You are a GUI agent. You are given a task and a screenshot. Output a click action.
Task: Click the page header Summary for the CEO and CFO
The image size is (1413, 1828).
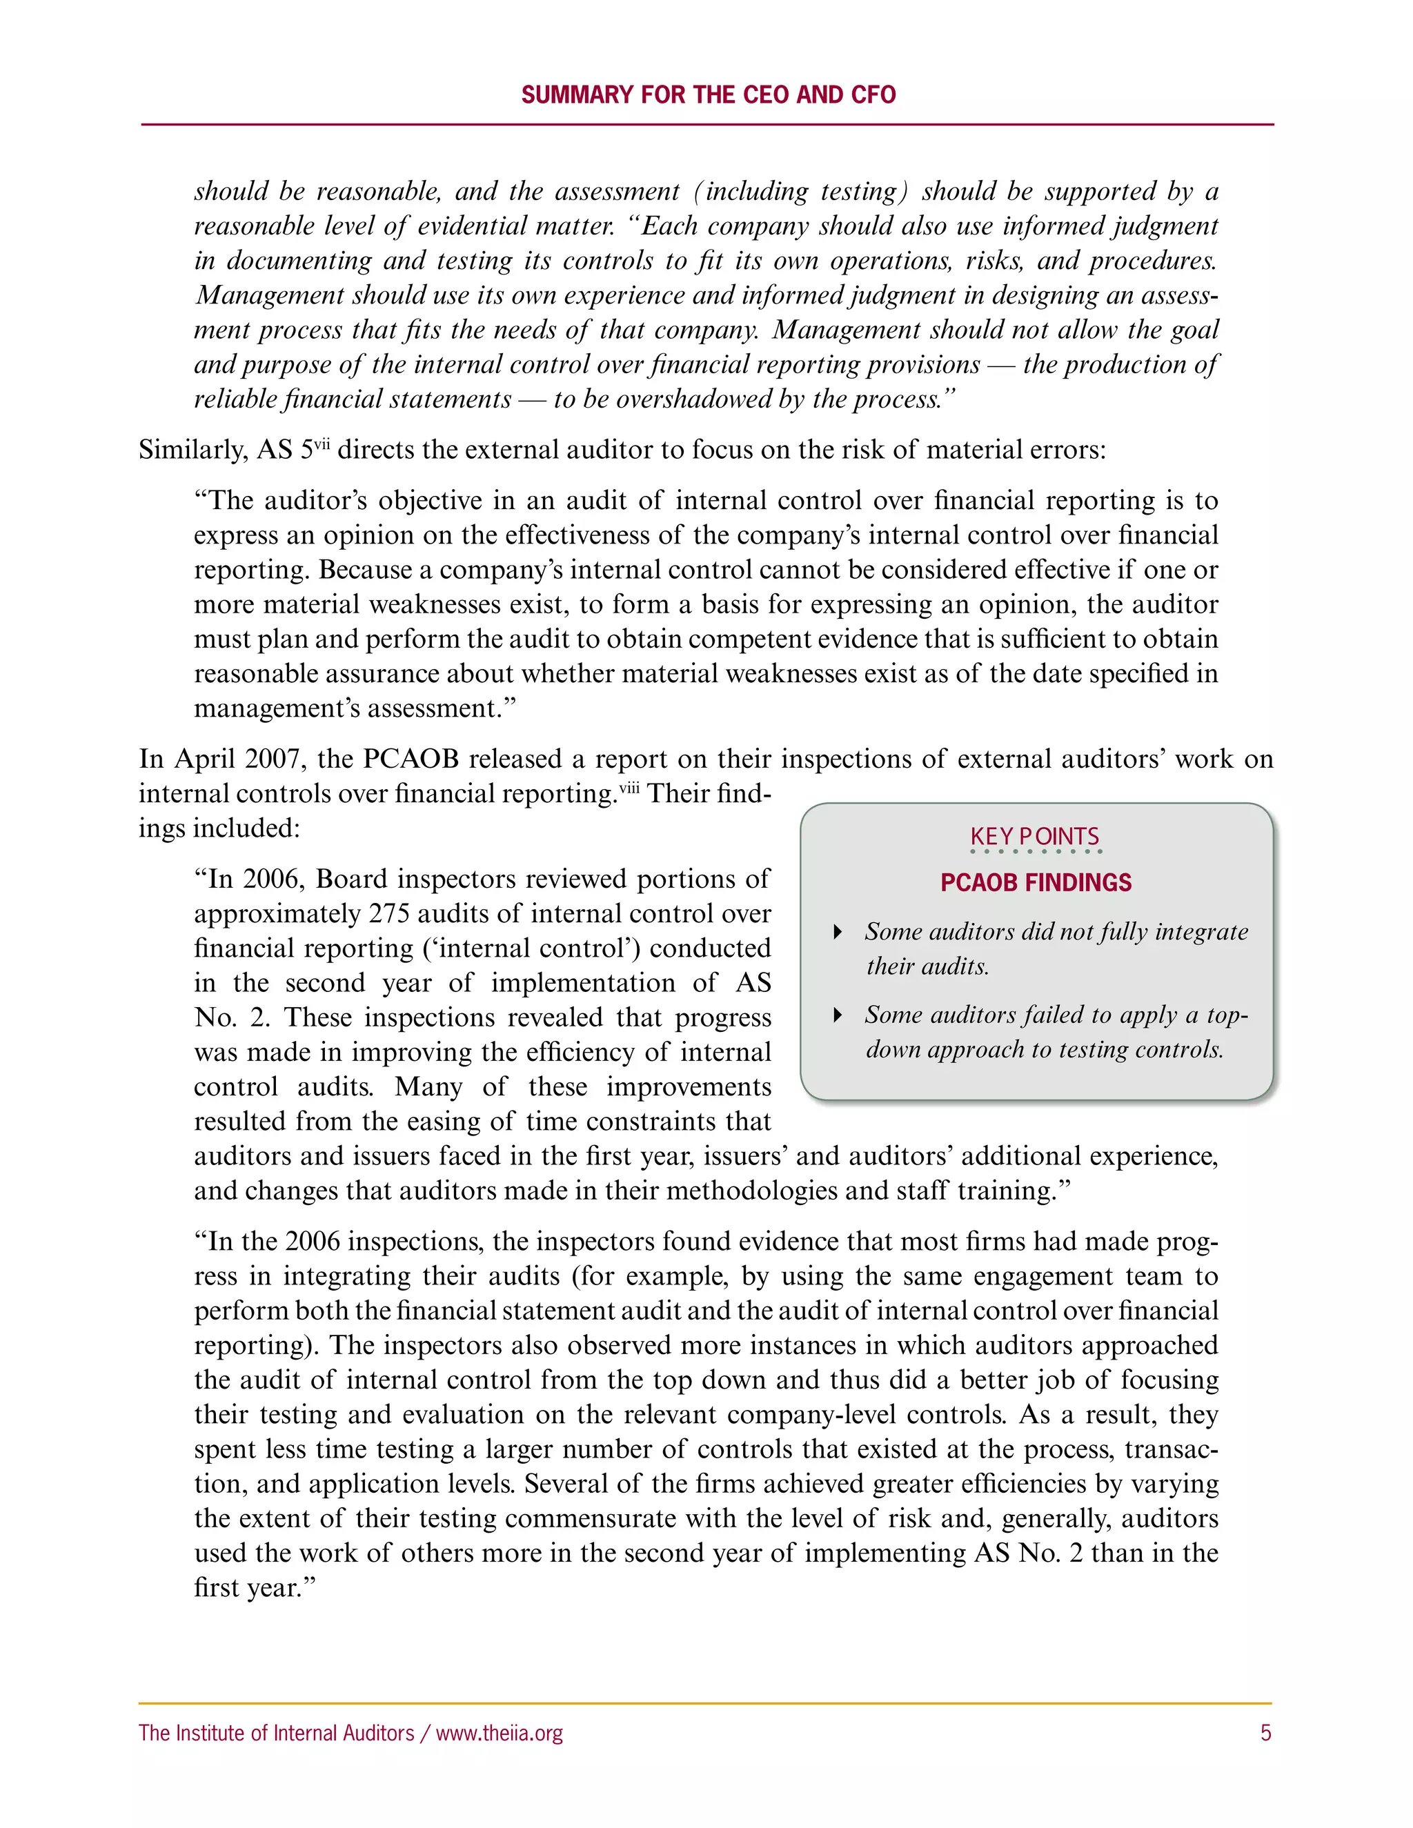708,95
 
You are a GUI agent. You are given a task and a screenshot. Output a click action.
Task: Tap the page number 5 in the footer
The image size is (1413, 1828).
1265,1733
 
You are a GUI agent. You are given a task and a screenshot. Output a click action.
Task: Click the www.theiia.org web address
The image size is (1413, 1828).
500,1733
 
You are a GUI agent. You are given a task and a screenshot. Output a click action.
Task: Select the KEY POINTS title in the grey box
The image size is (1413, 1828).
1035,836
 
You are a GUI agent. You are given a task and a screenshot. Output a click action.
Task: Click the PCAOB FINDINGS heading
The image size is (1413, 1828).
1036,882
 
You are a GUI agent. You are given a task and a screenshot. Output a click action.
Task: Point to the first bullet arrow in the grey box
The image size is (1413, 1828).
837,931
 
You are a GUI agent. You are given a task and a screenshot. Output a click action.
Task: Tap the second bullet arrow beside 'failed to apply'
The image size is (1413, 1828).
837,1015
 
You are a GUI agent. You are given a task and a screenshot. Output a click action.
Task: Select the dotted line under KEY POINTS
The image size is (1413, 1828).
1036,852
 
